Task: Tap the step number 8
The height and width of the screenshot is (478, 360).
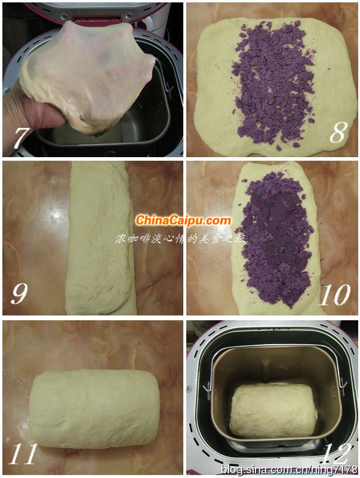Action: point(339,131)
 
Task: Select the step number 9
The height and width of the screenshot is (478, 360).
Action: point(19,293)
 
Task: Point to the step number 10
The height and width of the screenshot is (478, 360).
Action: point(334,295)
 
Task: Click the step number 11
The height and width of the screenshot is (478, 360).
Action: point(23,454)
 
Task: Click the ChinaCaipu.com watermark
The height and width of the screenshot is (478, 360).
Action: point(183,220)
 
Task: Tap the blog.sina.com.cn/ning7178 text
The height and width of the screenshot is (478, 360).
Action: point(289,469)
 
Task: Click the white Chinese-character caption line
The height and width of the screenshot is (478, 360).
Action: point(180,238)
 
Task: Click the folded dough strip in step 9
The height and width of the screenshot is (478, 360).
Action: point(100,238)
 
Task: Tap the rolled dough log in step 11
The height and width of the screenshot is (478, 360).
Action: point(95,409)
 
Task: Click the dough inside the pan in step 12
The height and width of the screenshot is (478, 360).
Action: point(273,409)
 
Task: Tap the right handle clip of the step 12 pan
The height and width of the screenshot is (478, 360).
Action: point(343,386)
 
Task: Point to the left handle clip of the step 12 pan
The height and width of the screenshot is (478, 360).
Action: point(207,390)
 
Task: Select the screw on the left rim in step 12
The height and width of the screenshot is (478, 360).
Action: point(190,389)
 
